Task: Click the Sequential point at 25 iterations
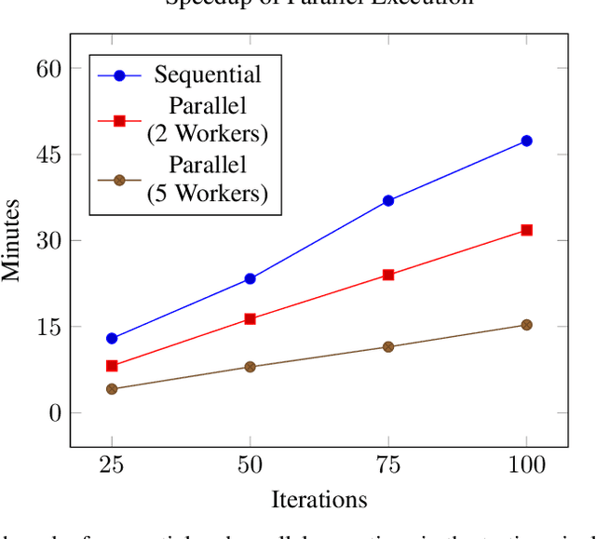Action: click(112, 338)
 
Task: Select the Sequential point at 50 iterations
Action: click(250, 278)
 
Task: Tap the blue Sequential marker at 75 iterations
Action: click(388, 200)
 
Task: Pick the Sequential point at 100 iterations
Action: click(526, 141)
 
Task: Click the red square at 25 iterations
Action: click(112, 366)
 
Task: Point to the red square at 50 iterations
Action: click(250, 318)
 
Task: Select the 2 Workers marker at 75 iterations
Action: click(388, 275)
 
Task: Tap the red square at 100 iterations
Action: click(526, 229)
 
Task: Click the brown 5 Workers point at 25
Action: click(112, 388)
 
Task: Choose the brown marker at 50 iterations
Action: click(250, 367)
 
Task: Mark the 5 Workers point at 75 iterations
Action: click(388, 346)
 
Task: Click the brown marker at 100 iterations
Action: click(526, 325)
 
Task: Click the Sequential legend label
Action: click(208, 74)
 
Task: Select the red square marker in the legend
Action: click(119, 120)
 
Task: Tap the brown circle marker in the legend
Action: click(119, 181)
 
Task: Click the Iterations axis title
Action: click(318, 500)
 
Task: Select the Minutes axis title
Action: click(12, 239)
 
